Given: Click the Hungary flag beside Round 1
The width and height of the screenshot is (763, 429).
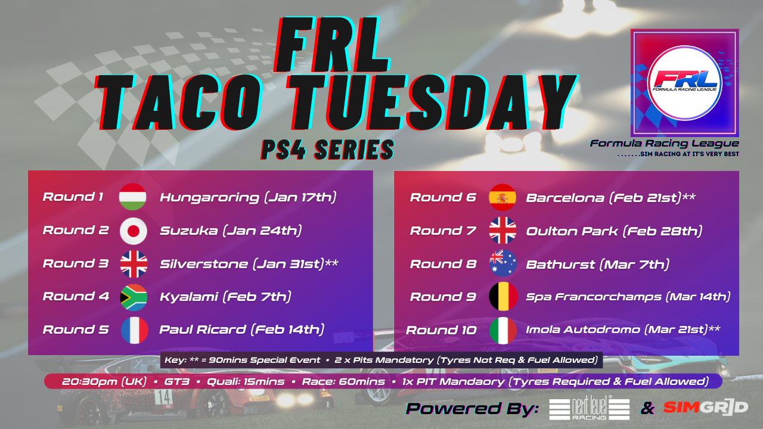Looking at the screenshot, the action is click(133, 197).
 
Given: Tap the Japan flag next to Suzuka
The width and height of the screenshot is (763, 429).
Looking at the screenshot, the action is click(134, 231).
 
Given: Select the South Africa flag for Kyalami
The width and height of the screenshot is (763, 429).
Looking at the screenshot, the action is click(134, 297).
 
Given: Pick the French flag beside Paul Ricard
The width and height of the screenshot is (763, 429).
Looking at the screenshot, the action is click(135, 330).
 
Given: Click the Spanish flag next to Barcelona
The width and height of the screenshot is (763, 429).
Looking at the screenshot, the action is click(503, 197).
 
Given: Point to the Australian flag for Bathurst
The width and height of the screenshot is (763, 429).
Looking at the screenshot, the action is click(503, 263).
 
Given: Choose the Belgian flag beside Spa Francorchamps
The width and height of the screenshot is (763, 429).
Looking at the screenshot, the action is click(504, 296).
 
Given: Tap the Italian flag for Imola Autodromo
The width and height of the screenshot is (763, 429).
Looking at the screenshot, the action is click(503, 331).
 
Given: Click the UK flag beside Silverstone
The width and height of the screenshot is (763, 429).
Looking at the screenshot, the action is click(134, 264).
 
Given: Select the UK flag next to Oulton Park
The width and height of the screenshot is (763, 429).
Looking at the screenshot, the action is click(503, 231).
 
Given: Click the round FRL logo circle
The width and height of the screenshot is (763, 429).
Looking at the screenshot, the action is click(685, 83).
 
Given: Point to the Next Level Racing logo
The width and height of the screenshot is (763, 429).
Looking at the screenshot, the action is click(590, 408).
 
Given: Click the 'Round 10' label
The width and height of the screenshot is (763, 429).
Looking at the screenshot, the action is click(441, 330).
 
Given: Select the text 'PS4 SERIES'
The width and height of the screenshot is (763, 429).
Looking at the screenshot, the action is click(327, 150).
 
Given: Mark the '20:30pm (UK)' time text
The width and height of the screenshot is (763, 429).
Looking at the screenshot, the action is click(104, 381).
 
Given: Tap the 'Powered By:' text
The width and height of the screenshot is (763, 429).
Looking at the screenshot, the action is click(472, 408).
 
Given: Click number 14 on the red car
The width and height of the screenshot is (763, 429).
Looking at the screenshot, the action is click(163, 397).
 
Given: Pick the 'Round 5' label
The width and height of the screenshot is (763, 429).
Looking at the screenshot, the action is click(76, 329).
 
